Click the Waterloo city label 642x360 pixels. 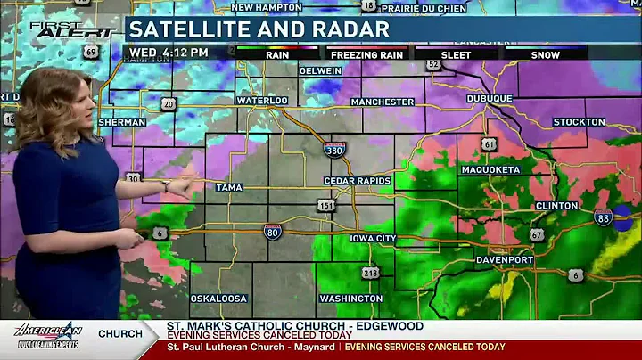(262, 101)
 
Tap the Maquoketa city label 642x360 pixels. (491, 169)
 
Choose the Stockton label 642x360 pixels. (580, 122)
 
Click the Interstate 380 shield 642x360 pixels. (334, 149)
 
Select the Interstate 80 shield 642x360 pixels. (273, 232)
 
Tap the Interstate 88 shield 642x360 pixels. (604, 217)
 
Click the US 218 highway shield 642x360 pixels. (370, 272)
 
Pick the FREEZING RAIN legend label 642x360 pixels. (366, 55)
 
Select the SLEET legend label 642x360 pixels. (457, 55)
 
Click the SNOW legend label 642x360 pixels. (546, 55)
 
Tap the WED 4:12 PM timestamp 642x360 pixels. (169, 53)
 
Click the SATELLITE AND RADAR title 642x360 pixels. (259, 29)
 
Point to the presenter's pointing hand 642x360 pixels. (185, 186)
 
